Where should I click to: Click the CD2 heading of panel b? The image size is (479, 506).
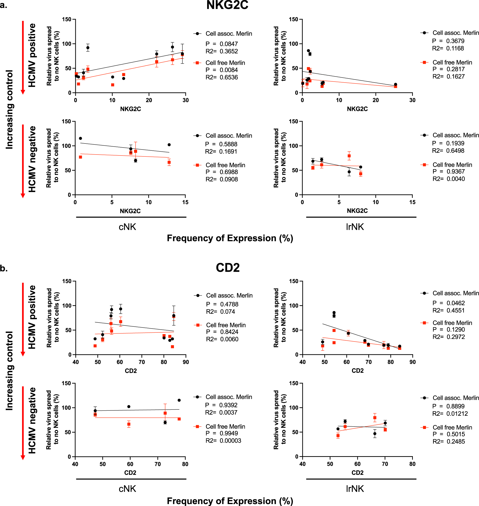tap(228, 267)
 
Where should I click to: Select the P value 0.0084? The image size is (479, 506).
tap(229, 70)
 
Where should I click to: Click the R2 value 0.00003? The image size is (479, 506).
tap(230, 440)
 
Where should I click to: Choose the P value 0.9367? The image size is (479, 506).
tap(455, 171)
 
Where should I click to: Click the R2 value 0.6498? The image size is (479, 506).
tap(455, 150)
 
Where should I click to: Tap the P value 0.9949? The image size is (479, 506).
tap(229, 433)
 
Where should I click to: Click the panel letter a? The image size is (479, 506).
tap(4, 5)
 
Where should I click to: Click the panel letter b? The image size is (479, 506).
tap(4, 268)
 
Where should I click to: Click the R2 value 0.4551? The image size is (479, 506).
tap(455, 310)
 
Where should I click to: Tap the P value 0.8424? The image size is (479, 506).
tap(229, 332)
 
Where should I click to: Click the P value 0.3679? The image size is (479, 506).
tap(455, 41)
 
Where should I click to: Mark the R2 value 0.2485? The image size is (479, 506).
tap(455, 441)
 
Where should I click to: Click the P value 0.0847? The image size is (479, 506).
tap(229, 44)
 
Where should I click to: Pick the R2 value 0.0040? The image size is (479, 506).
tap(455, 179)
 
